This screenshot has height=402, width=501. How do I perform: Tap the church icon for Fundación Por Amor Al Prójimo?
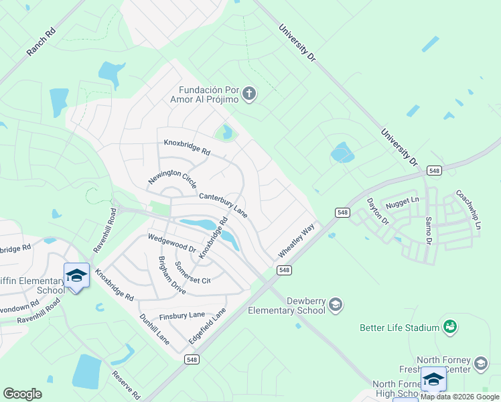pyautogui.click(x=249, y=93)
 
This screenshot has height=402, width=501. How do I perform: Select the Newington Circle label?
pyautogui.click(x=172, y=178)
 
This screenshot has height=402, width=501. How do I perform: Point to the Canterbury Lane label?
pyautogui.click(x=224, y=205)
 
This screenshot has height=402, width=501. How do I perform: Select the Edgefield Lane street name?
pyautogui.click(x=207, y=326)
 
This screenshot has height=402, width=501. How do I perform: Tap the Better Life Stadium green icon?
pyautogui.click(x=450, y=327)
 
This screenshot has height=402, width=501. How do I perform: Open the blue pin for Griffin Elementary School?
pyautogui.click(x=76, y=276)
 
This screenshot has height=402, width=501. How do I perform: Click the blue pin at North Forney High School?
pyautogui.click(x=433, y=380)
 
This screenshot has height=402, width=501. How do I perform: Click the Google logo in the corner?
pyautogui.click(x=23, y=394)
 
